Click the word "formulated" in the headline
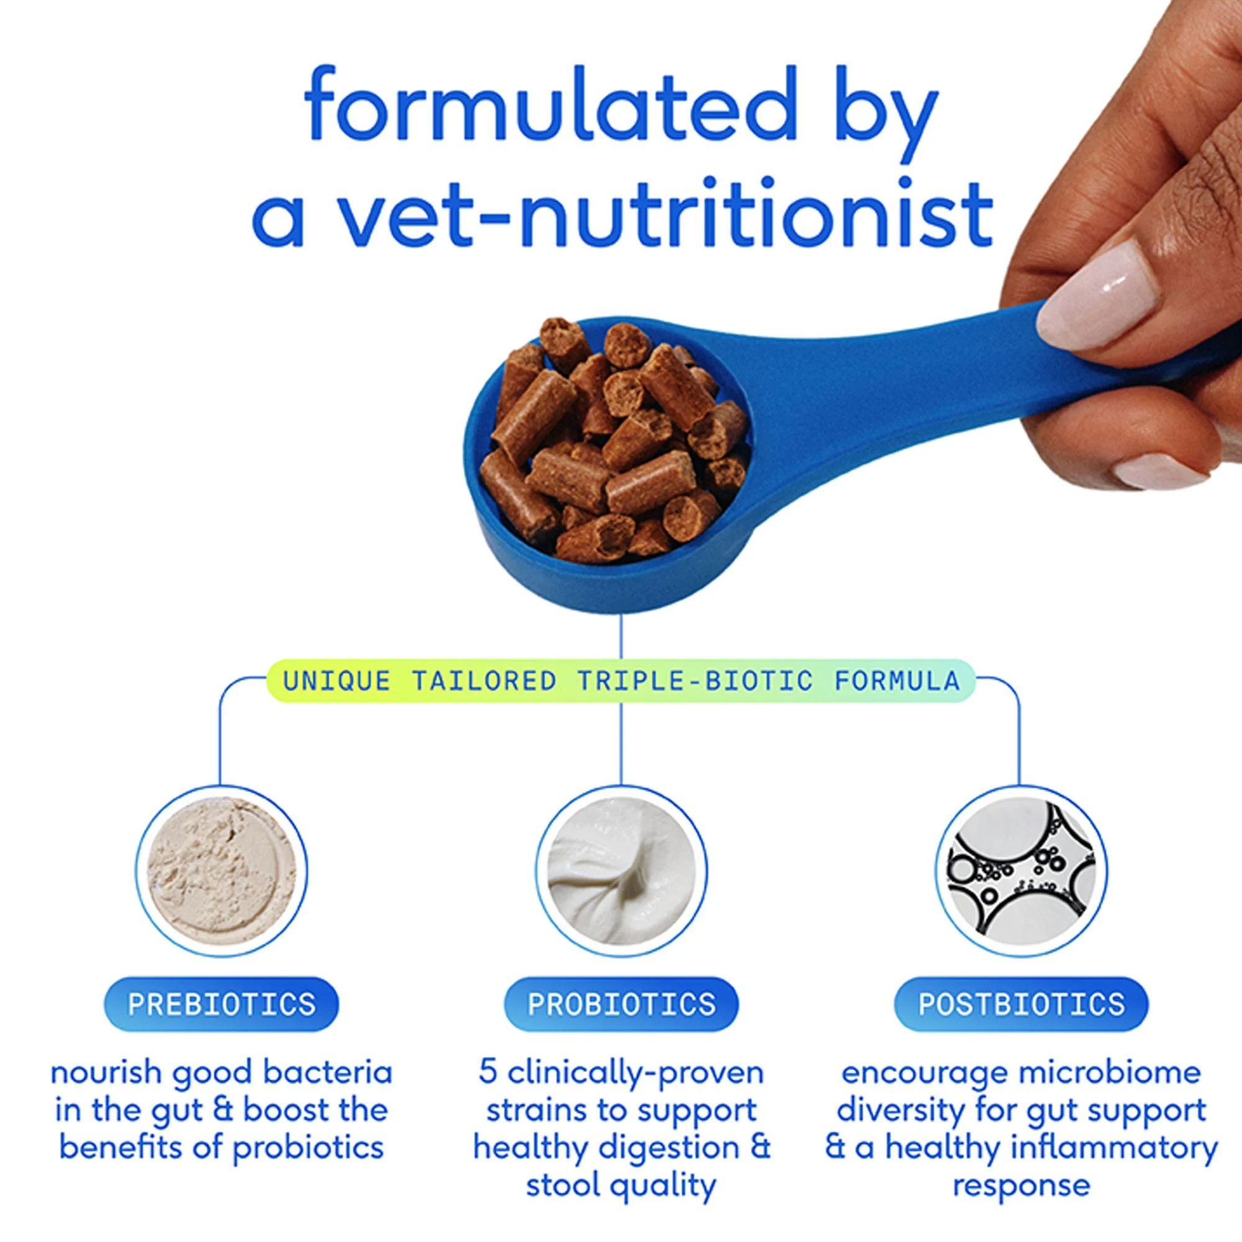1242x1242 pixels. (550, 103)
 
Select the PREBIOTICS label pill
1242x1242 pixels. (221, 1004)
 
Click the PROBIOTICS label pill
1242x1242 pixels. (621, 1004)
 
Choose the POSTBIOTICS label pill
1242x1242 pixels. (1021, 1004)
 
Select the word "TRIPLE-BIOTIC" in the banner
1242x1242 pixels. (695, 681)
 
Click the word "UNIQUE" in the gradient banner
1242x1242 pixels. (337, 681)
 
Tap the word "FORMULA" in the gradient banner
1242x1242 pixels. (897, 681)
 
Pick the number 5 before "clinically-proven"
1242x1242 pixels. (488, 1072)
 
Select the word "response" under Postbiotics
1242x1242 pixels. (1022, 1185)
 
